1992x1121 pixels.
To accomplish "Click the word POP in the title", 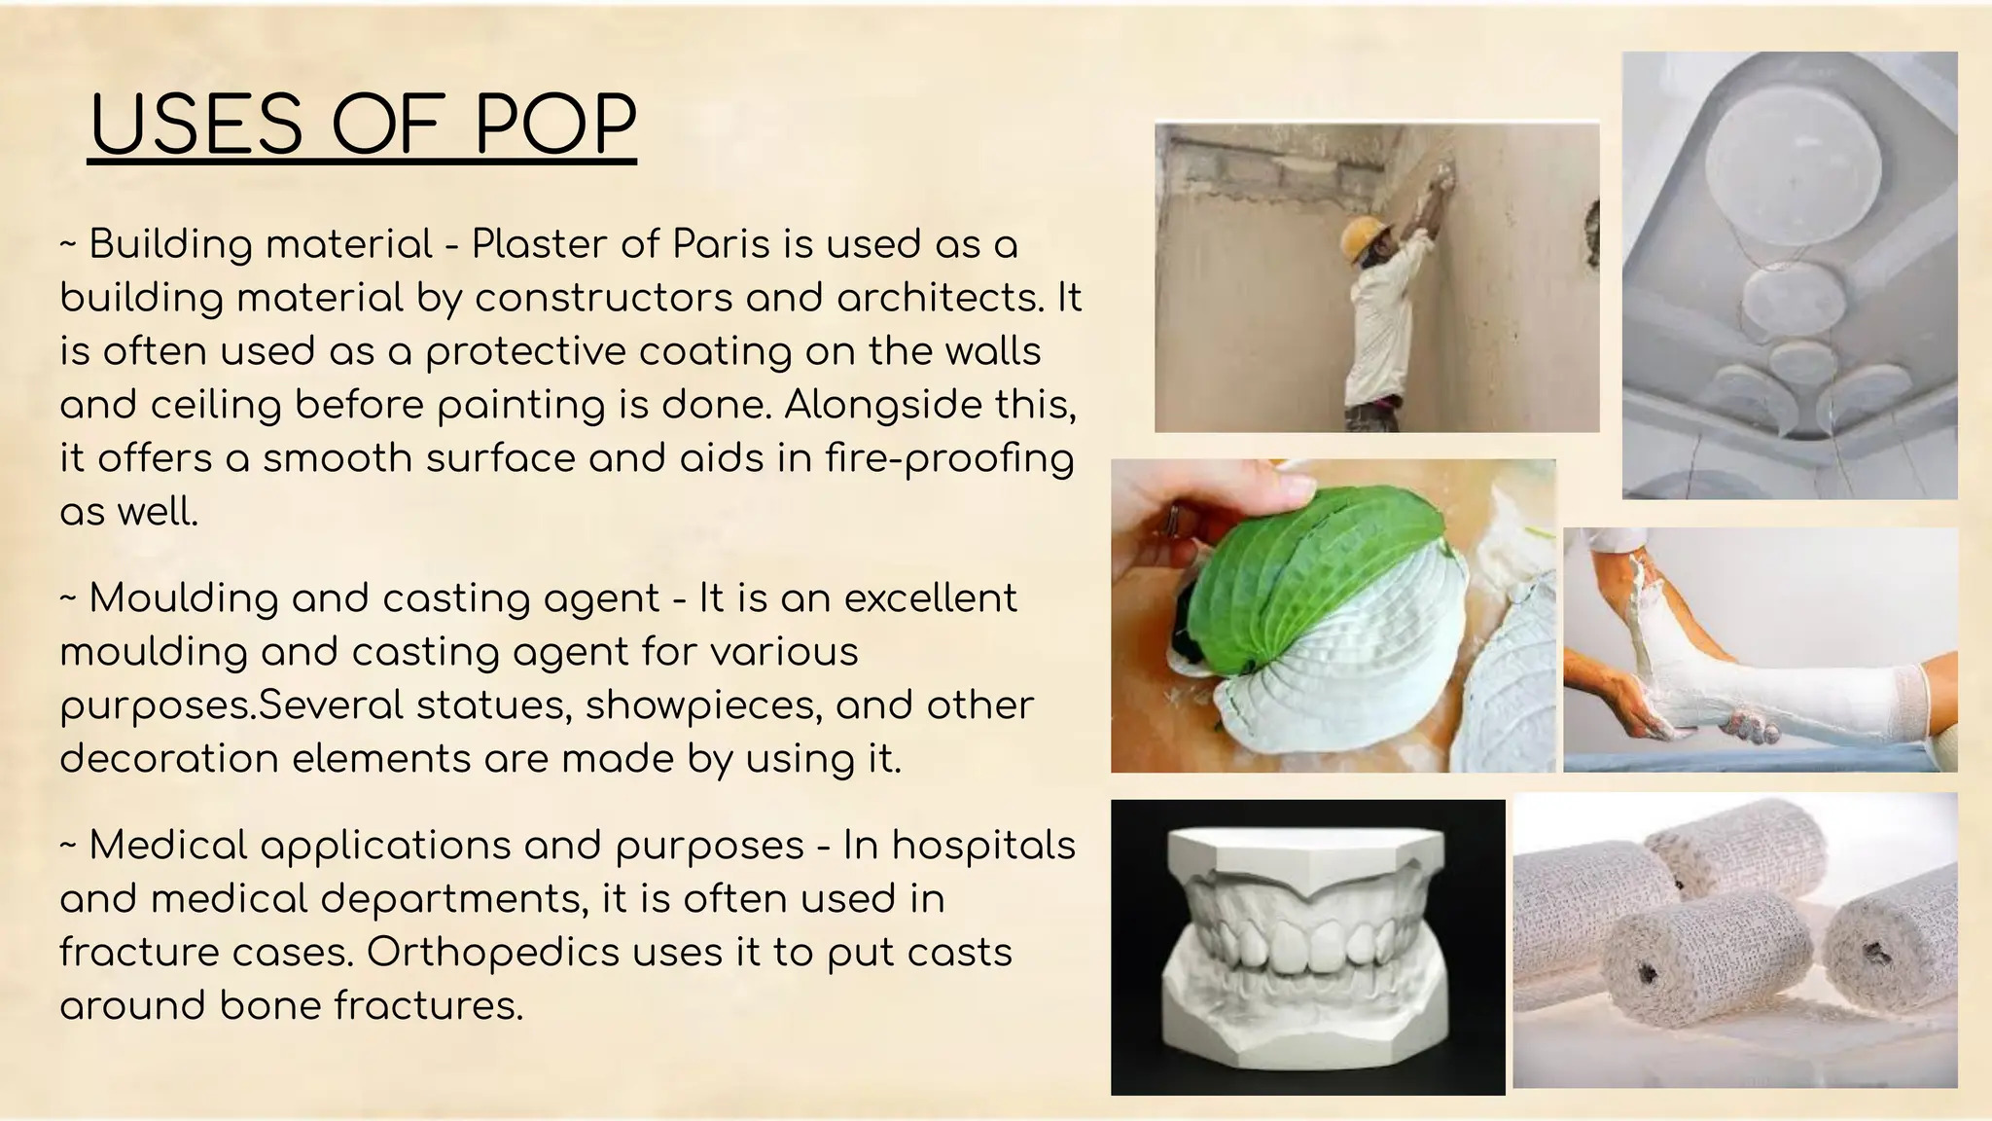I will [555, 126].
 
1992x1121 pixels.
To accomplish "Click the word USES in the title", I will [196, 126].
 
